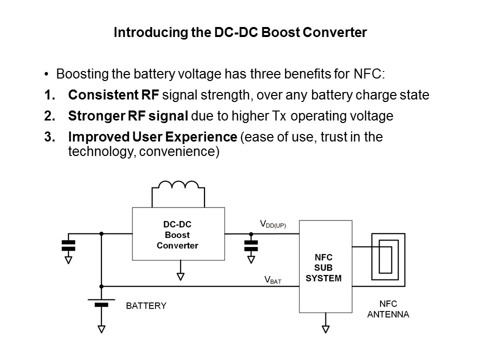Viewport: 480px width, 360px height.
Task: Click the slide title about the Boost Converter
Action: [240, 33]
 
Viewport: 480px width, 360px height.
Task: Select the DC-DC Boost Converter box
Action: [177, 233]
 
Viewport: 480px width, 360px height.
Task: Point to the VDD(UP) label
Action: [272, 225]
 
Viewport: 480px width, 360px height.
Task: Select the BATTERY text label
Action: [145, 305]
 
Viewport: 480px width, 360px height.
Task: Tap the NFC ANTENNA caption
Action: [388, 309]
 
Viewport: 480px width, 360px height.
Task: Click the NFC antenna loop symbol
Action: [385, 257]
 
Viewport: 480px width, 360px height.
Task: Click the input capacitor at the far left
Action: [68, 245]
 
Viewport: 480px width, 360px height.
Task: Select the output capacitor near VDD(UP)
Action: [250, 245]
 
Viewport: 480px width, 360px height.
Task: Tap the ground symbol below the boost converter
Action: [181, 276]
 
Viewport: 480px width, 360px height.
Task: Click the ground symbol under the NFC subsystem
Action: [325, 328]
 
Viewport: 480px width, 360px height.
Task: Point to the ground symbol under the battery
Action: [101, 328]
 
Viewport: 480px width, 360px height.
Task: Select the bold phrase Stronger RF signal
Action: [128, 116]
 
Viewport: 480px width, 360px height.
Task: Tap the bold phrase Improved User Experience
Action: [152, 137]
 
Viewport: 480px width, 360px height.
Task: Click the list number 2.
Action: [49, 116]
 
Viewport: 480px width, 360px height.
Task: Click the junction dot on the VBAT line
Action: [101, 286]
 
